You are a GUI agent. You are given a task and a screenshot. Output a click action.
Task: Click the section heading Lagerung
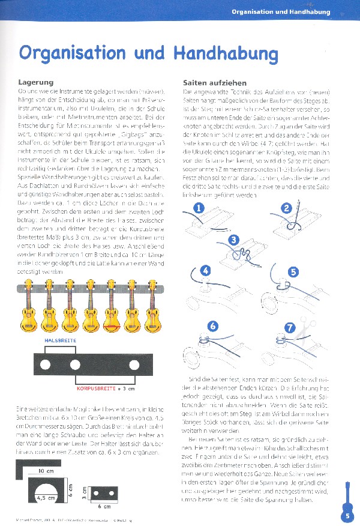pos(37,82)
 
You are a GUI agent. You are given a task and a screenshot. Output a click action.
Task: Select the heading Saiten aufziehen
pos(212,82)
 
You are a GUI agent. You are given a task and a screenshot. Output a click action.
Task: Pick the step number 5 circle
pos(293,271)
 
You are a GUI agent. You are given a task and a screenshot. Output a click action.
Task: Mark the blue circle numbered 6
pos(212,327)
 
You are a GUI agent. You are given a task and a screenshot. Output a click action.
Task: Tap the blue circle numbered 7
pos(290,327)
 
